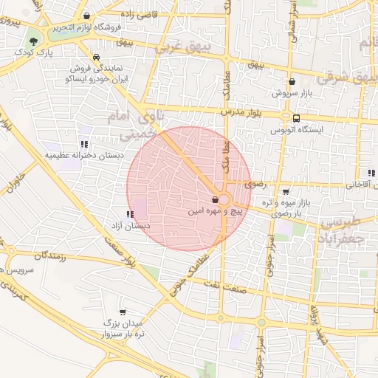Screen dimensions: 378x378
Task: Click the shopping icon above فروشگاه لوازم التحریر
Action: [88, 16]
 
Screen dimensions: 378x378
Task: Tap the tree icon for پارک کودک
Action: [33, 41]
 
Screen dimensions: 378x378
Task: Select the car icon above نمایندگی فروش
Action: [96, 56]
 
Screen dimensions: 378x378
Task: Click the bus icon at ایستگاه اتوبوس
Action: [296, 117]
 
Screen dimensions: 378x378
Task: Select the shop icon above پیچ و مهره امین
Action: [215, 199]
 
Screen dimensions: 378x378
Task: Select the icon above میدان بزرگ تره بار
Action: [122, 312]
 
